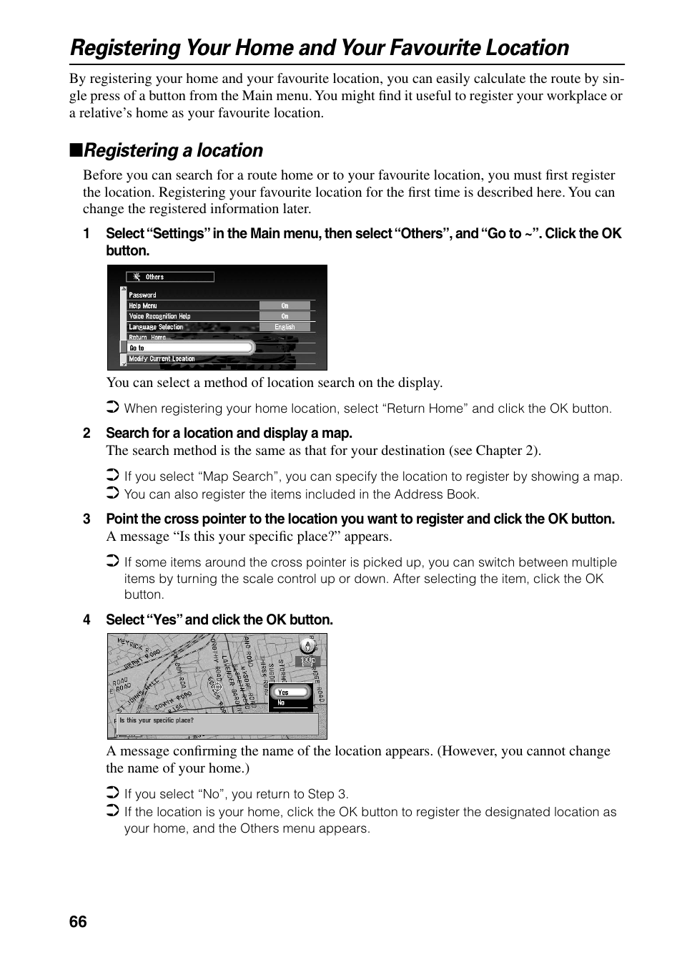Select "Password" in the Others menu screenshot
click(x=142, y=295)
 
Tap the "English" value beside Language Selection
click(x=285, y=327)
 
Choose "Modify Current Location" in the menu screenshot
click(x=162, y=359)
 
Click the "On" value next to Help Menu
click(x=285, y=305)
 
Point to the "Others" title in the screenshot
click(x=154, y=277)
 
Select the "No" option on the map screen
click(x=281, y=703)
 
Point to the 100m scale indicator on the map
click(x=307, y=661)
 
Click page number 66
click(x=78, y=921)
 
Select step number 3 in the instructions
click(x=87, y=519)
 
